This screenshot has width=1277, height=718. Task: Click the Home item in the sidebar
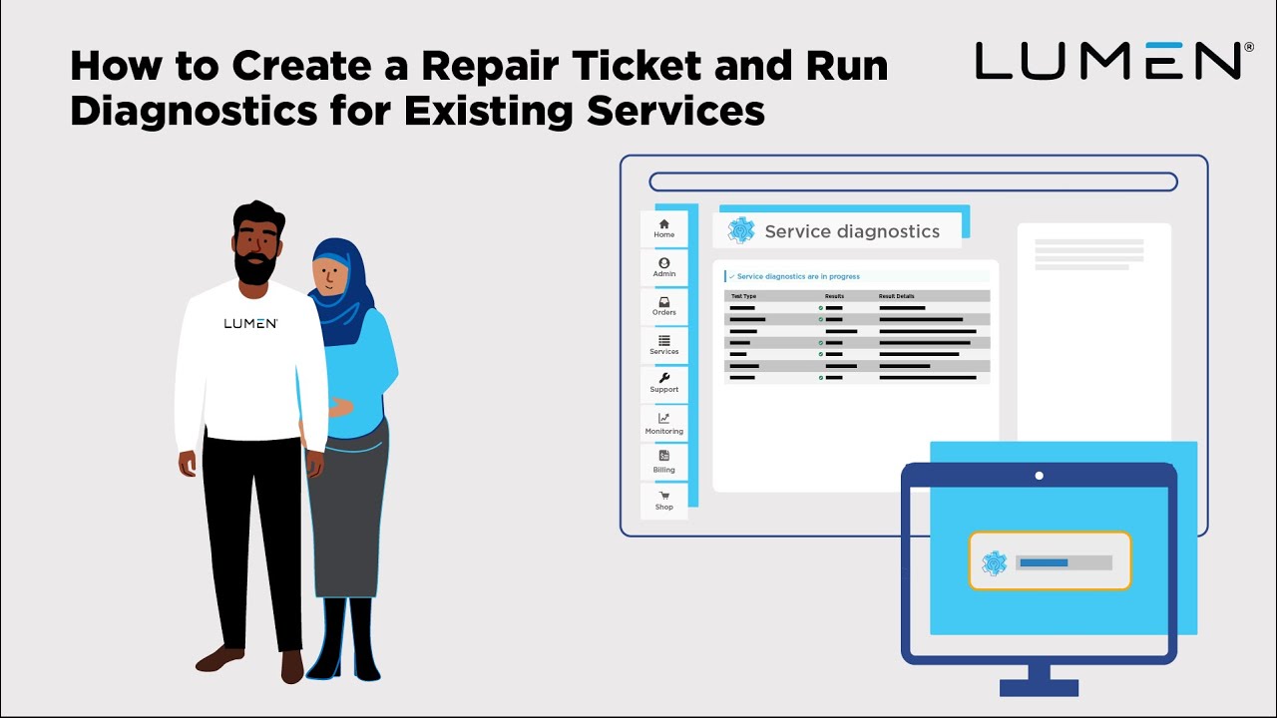click(x=663, y=228)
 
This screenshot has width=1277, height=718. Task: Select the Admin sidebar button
click(x=663, y=267)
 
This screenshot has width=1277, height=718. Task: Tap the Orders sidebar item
click(x=663, y=306)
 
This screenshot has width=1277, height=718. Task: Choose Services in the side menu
click(x=663, y=345)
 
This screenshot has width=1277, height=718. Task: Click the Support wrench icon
click(x=664, y=378)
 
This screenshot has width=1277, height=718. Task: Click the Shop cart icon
click(x=664, y=496)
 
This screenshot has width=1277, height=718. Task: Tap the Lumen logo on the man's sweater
click(x=250, y=323)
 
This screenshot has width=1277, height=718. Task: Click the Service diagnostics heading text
click(x=851, y=231)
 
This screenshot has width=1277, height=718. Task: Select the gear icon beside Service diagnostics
click(x=741, y=230)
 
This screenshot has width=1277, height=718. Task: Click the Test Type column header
click(x=744, y=296)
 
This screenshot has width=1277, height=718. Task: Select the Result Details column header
click(x=896, y=296)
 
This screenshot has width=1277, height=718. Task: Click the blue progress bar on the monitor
click(x=1044, y=562)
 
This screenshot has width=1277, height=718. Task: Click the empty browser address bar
click(x=913, y=181)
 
